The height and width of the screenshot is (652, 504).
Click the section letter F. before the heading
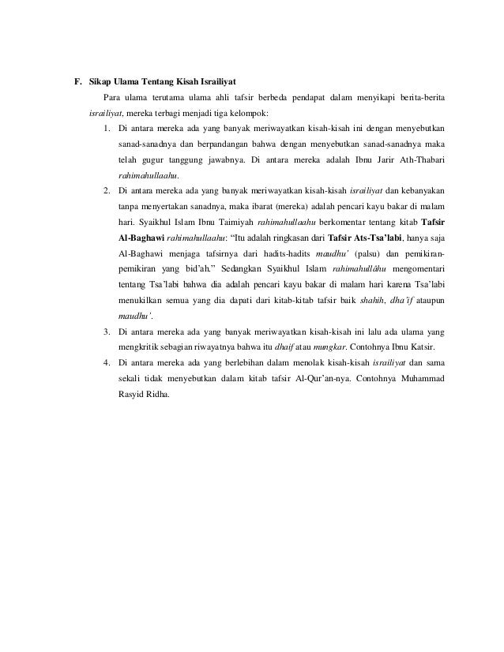(x=78, y=81)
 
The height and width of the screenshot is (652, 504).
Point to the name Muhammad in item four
(x=418, y=377)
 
